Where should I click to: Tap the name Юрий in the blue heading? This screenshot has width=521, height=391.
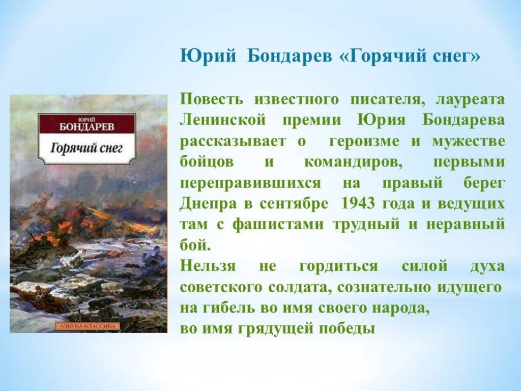208,55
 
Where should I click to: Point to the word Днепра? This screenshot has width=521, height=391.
208,204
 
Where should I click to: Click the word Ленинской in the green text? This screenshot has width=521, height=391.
223,120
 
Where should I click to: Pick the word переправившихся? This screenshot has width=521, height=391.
250,183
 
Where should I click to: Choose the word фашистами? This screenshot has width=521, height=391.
278,225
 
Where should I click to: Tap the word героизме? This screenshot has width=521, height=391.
364,142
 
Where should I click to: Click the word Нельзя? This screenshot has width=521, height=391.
208,266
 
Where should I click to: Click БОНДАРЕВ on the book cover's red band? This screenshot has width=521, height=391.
86,127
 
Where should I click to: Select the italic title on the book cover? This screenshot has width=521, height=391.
86,148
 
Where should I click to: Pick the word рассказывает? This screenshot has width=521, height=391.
233,142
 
